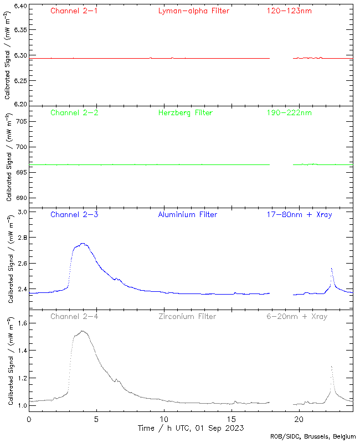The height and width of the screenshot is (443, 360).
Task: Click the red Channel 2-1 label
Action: coord(74,11)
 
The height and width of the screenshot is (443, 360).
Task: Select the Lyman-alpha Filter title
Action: coord(193,11)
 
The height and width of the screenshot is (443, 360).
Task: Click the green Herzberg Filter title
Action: coord(186,113)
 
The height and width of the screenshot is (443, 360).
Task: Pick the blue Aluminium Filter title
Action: coord(187,214)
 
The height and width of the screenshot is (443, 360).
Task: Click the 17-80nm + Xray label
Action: coord(299,214)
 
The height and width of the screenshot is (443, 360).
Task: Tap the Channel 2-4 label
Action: coord(74,317)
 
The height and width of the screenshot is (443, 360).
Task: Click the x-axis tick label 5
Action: coord(96,419)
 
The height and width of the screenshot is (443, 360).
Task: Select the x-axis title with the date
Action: coord(191,428)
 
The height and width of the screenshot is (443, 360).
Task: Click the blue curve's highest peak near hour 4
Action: coord(83,244)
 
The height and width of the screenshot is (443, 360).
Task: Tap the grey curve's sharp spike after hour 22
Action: coord(331,367)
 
